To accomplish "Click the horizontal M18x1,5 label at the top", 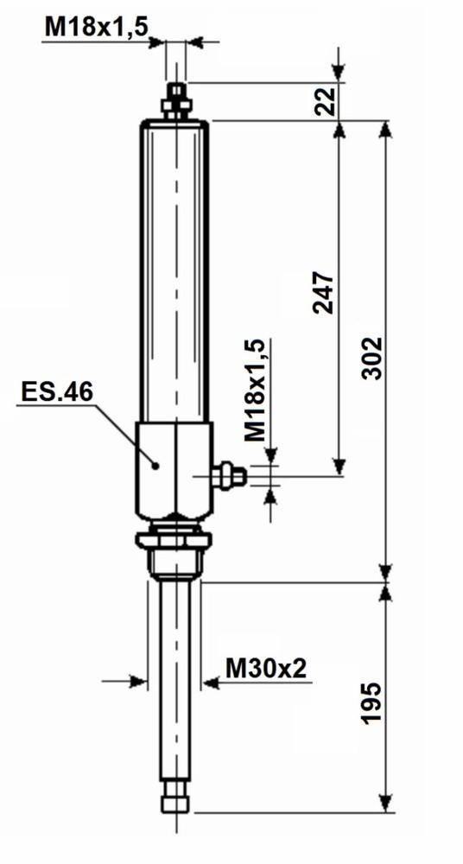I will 97,27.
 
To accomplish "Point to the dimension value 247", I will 326,294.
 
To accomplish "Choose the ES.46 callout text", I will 56,391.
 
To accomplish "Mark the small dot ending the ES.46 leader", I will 156,465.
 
